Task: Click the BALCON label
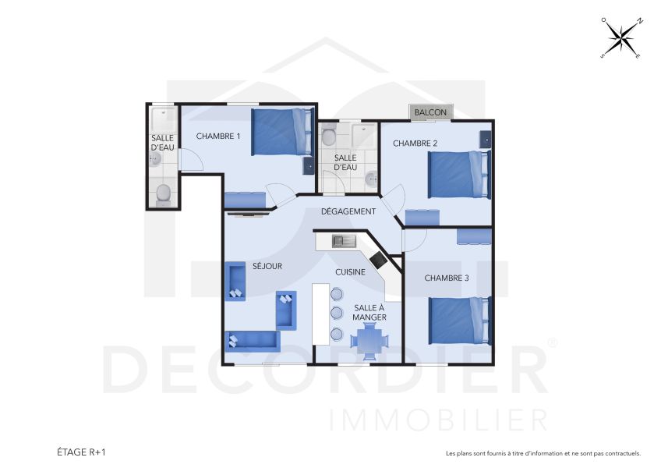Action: pyautogui.click(x=430, y=113)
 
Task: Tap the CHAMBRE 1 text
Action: pyautogui.click(x=218, y=136)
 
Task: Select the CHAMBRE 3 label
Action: pyautogui.click(x=447, y=278)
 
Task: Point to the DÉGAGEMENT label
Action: pyautogui.click(x=348, y=211)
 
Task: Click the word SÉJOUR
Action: pyautogui.click(x=267, y=266)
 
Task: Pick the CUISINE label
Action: pyautogui.click(x=350, y=271)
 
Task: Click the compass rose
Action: pyautogui.click(x=621, y=38)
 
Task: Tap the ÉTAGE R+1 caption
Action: pyautogui.click(x=80, y=452)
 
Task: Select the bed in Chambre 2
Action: pyautogui.click(x=458, y=174)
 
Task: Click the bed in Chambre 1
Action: pyautogui.click(x=281, y=131)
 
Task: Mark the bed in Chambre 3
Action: pyautogui.click(x=459, y=320)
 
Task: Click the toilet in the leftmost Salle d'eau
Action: pyautogui.click(x=164, y=193)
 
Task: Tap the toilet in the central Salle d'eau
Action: pyautogui.click(x=328, y=137)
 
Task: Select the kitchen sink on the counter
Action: pyautogui.click(x=343, y=241)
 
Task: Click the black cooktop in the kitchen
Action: pyautogui.click(x=379, y=261)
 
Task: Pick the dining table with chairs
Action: pyautogui.click(x=369, y=341)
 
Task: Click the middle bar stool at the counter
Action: pyautogui.click(x=337, y=314)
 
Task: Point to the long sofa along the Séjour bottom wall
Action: pyautogui.click(x=253, y=341)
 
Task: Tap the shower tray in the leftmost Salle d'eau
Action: pyautogui.click(x=164, y=121)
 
